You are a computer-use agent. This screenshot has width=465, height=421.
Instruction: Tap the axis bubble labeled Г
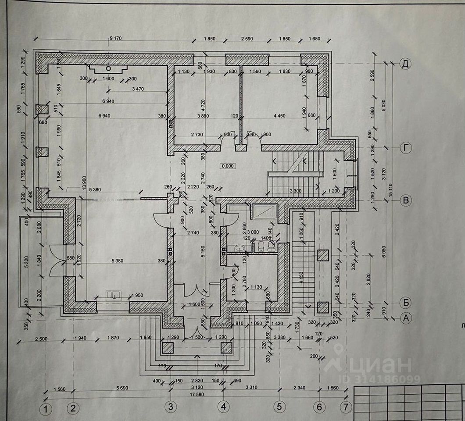tap(406, 149)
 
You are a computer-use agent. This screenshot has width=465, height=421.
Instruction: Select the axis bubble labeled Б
tap(406, 302)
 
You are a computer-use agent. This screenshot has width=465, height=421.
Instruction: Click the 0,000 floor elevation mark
tap(228, 166)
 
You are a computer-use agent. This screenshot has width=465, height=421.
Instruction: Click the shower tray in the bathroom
tap(264, 212)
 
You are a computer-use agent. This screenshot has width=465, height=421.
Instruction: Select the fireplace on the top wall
tap(108, 68)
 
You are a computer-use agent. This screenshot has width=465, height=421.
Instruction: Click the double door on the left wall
tap(57, 260)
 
